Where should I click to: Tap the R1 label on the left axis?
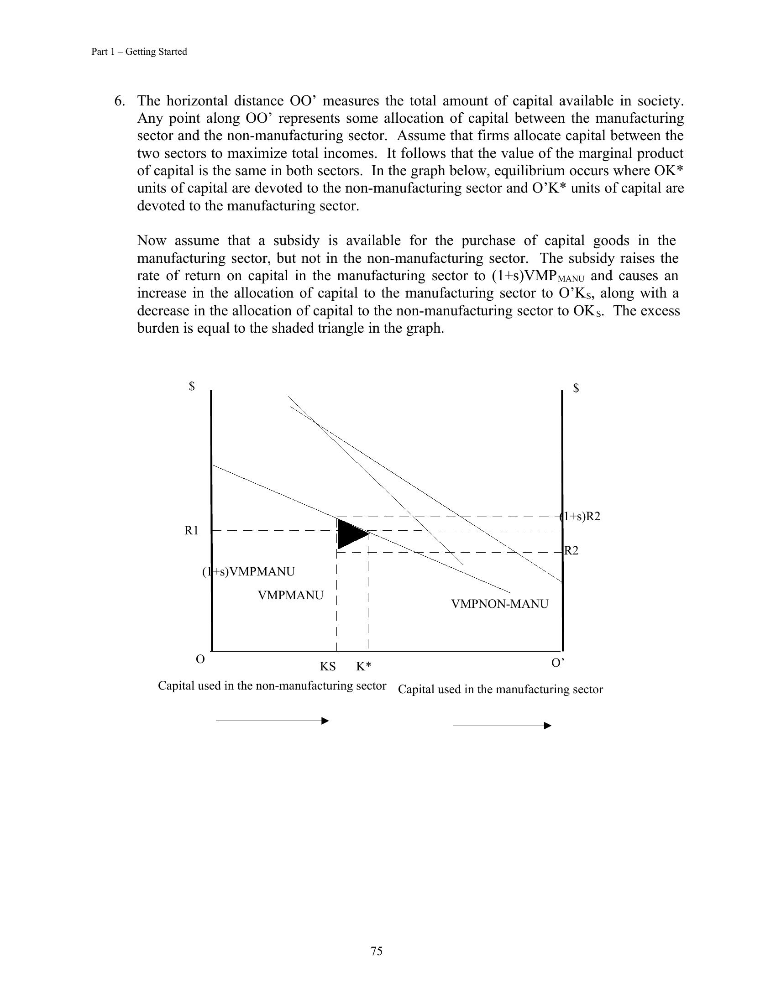tap(191, 530)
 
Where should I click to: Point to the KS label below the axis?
tap(328, 667)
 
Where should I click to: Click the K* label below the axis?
tap(364, 667)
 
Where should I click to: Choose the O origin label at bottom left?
tap(200, 660)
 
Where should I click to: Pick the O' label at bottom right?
tap(558, 663)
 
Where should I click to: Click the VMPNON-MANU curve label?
tap(500, 604)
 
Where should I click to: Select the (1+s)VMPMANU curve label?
tap(249, 571)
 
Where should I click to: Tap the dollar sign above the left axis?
tap(192, 386)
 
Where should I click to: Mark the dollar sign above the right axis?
tap(576, 388)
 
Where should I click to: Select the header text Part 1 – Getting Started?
tap(139, 52)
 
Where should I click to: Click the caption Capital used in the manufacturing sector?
tap(500, 690)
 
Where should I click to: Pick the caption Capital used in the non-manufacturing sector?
tap(272, 686)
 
